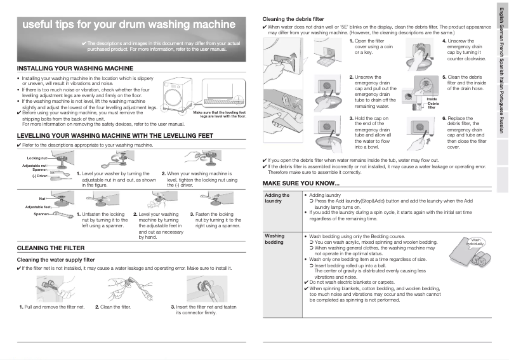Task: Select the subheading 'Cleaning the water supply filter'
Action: [55, 260]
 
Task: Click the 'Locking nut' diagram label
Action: [37, 157]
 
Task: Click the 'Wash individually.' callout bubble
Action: [475, 243]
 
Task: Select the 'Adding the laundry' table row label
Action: [277, 198]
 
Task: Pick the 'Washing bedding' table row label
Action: [274, 239]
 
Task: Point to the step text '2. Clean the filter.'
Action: [113, 307]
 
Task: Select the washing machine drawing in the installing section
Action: [179, 96]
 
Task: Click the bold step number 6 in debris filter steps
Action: [444, 118]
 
